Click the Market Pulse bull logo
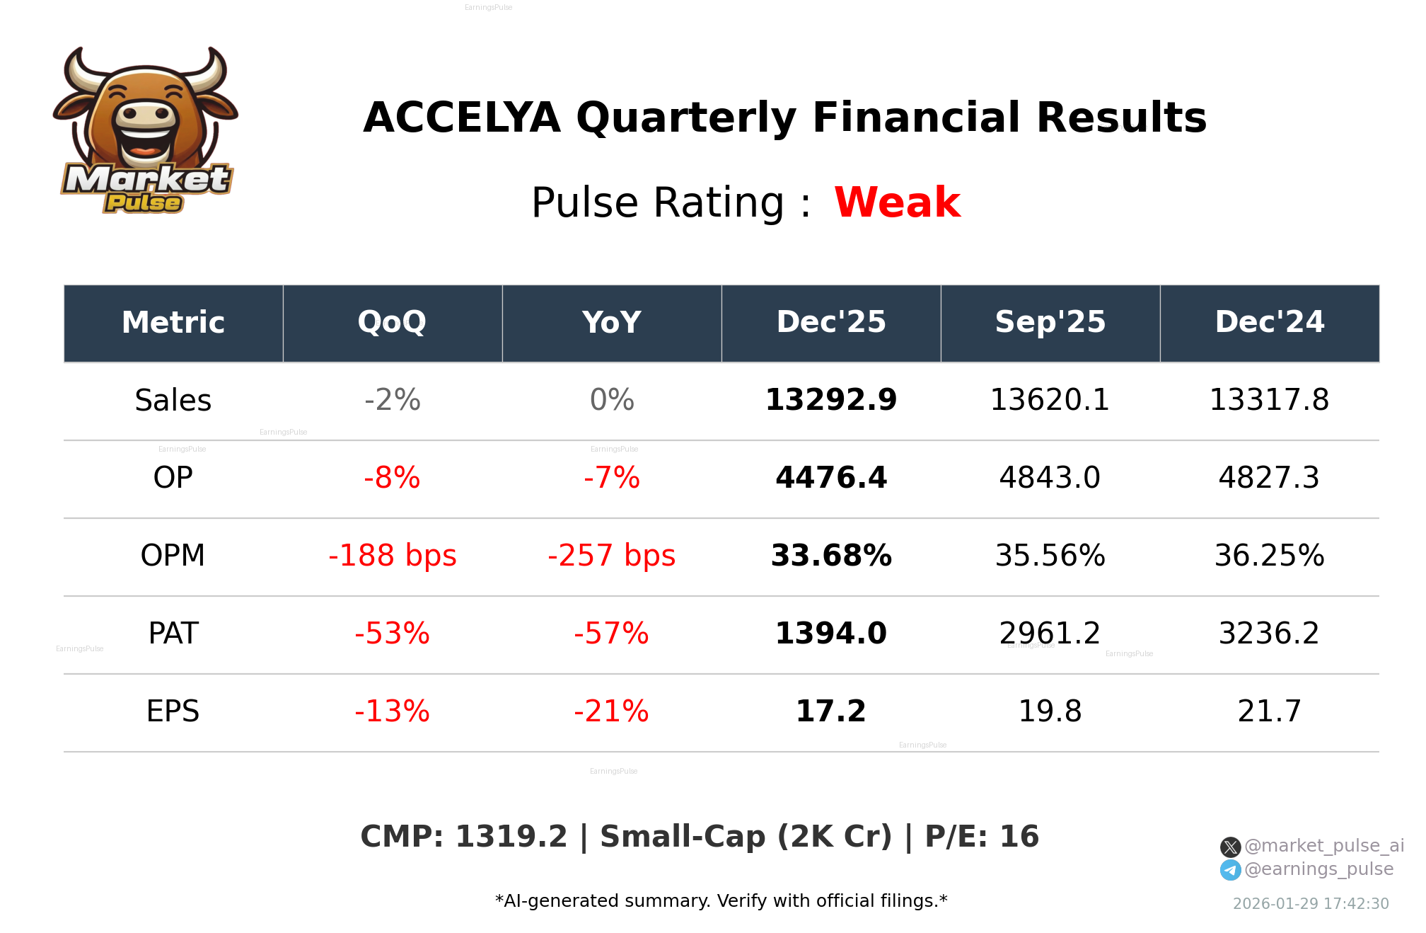point(145,131)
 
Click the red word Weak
point(897,202)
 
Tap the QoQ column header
point(392,323)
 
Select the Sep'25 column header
point(1050,323)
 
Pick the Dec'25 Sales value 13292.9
point(830,400)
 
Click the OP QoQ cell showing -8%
point(392,478)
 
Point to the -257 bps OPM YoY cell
point(611,556)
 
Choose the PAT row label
point(173,634)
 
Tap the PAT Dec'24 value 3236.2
point(1269,634)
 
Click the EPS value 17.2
point(830,711)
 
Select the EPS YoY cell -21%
point(611,711)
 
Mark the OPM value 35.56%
point(1050,556)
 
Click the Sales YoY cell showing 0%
point(611,400)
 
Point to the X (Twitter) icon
point(1230,847)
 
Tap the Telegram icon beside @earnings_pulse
point(1230,870)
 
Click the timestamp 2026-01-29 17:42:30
point(1310,904)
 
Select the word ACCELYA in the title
point(461,118)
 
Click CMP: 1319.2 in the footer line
point(463,837)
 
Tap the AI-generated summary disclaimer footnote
point(721,901)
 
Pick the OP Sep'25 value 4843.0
point(1050,478)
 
